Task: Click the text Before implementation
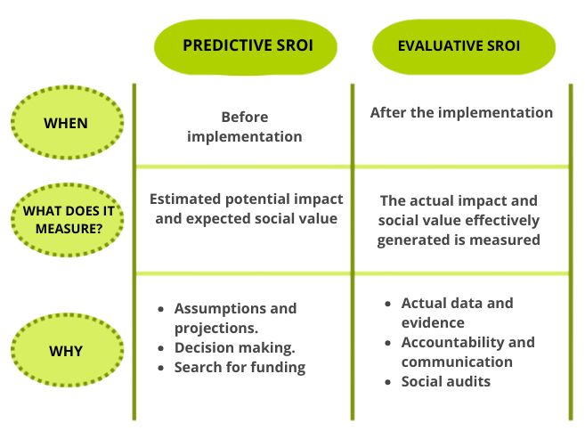(x=245, y=126)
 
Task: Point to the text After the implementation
(x=461, y=113)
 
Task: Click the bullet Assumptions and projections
(x=235, y=317)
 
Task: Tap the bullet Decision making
(x=234, y=347)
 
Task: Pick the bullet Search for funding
(x=240, y=367)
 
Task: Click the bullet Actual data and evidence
(x=457, y=313)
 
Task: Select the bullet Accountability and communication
(x=467, y=352)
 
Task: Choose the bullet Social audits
(x=445, y=381)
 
